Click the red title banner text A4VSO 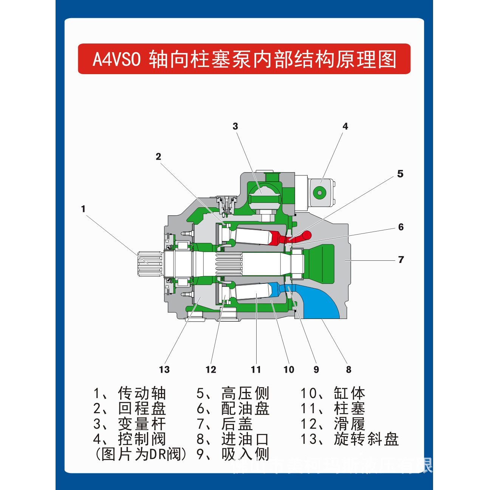tap(116, 59)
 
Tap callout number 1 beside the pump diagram tap(83, 209)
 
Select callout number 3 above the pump tap(235, 126)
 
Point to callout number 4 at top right tap(345, 126)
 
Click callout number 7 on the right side tap(401, 260)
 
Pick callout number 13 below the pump tap(164, 370)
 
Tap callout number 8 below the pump tap(348, 370)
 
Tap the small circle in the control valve tap(320, 193)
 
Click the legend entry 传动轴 tap(142, 394)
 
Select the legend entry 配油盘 tap(245, 409)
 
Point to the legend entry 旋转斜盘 tap(366, 439)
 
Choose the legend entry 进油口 tap(245, 439)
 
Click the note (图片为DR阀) tap(141, 454)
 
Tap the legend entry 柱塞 tap(349, 409)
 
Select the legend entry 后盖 tap(237, 424)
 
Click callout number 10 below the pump tap(289, 370)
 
